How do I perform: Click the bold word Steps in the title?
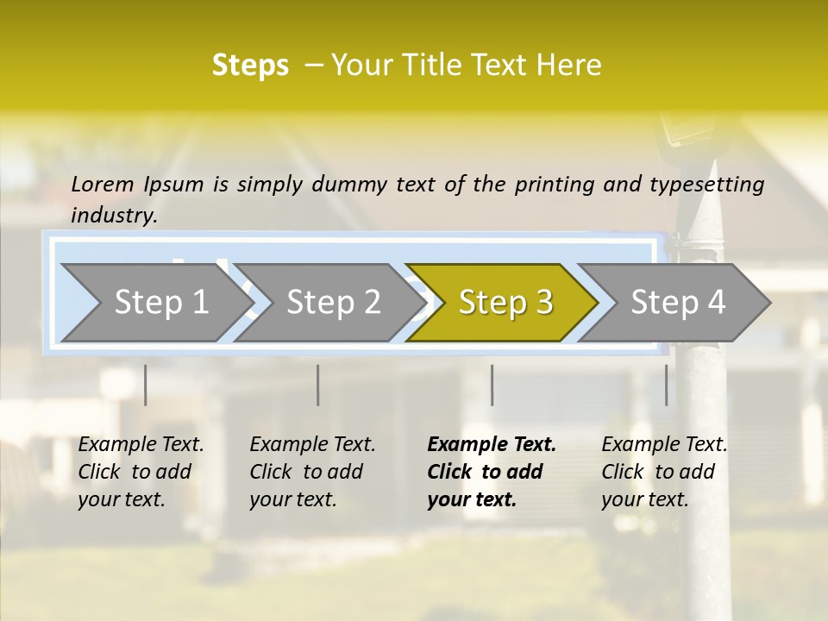click(250, 66)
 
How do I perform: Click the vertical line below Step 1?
click(145, 385)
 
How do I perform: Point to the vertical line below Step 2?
click(318, 385)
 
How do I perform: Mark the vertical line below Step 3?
click(492, 385)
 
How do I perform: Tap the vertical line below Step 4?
click(666, 385)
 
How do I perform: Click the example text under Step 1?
click(141, 472)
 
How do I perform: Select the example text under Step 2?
click(312, 472)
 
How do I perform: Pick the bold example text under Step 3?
click(492, 472)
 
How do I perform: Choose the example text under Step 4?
click(664, 472)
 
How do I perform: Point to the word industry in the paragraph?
click(114, 215)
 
